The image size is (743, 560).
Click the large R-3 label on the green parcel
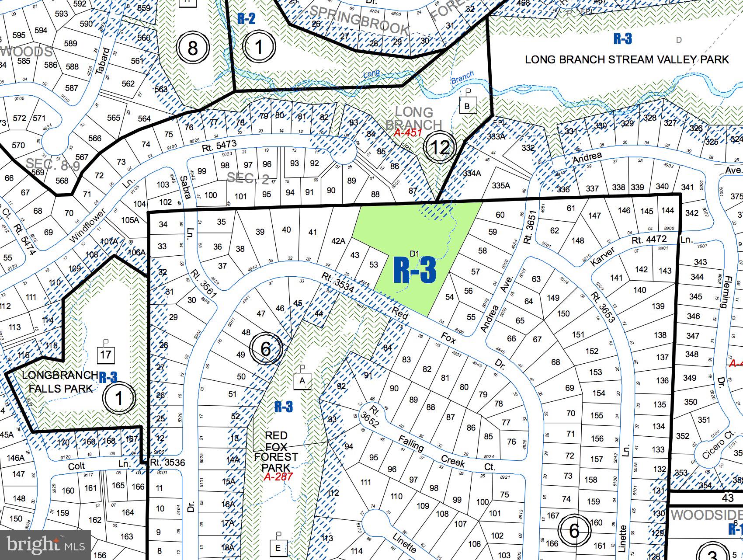click(415, 271)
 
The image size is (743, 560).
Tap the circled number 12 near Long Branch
click(441, 147)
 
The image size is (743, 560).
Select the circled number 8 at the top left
click(192, 48)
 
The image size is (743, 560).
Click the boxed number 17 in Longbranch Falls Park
click(105, 355)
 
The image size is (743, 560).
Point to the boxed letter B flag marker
click(467, 106)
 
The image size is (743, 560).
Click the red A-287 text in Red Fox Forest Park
click(278, 477)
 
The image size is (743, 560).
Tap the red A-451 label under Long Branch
click(407, 133)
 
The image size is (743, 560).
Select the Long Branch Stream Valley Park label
click(627, 59)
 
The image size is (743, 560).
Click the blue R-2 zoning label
click(246, 18)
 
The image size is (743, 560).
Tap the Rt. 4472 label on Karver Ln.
click(649, 239)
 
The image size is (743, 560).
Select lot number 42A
click(338, 241)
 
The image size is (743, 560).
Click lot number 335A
click(501, 185)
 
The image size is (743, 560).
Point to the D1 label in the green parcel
click(414, 254)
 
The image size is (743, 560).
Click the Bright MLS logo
click(45, 545)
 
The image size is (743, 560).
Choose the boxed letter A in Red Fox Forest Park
click(302, 380)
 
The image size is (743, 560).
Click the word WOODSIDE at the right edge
click(706, 515)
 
